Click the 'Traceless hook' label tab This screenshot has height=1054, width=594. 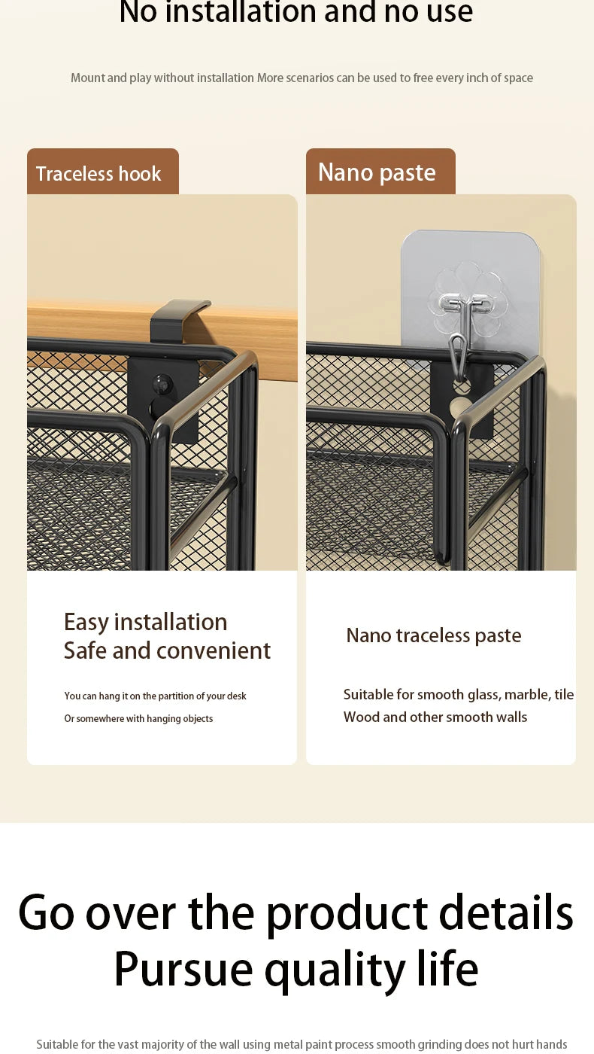click(x=103, y=172)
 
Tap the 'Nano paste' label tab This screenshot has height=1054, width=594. click(x=380, y=172)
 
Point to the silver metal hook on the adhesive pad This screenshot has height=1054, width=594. click(x=462, y=330)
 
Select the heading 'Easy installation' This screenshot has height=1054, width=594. click(x=146, y=622)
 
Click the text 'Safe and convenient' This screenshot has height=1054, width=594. click(x=167, y=650)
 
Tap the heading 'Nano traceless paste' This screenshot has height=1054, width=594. click(x=434, y=635)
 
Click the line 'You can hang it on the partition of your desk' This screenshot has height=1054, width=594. click(x=155, y=696)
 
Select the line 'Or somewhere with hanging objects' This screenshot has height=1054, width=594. click(x=138, y=718)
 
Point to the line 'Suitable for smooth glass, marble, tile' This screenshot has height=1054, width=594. click(x=459, y=694)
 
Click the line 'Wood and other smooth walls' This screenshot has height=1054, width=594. click(x=435, y=717)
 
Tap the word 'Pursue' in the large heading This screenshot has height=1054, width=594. click(x=183, y=970)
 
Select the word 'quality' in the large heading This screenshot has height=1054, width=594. click(x=335, y=971)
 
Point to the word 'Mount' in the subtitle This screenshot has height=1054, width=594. click(x=88, y=78)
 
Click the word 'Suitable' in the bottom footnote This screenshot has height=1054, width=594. click(x=57, y=1044)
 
